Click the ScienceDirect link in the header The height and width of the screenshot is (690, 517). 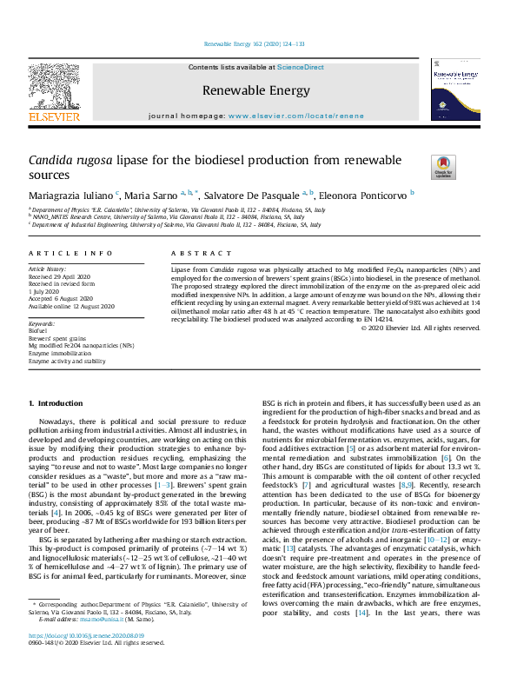[x=301, y=67]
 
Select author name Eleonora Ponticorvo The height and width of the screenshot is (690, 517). [x=368, y=196]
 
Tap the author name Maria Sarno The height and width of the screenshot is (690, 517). [x=155, y=196]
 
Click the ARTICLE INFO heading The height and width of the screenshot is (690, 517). [x=70, y=253]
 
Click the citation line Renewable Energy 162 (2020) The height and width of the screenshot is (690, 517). [x=254, y=43]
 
